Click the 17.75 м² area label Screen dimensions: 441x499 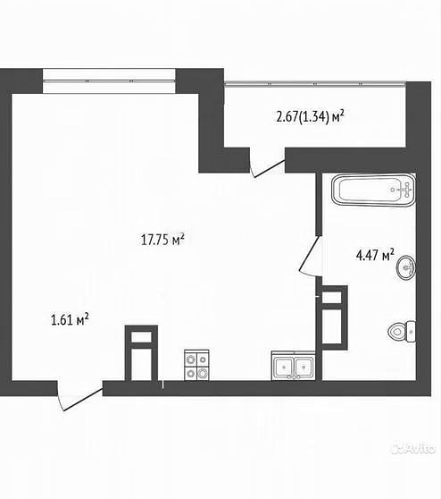[x=162, y=240]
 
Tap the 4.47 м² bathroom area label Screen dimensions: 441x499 [x=375, y=255]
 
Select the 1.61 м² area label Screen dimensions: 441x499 [x=70, y=319]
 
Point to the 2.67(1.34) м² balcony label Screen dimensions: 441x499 [x=311, y=117]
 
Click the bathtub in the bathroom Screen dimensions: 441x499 [x=373, y=190]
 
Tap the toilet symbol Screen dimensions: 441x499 [x=402, y=332]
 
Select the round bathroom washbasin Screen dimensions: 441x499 [x=406, y=267]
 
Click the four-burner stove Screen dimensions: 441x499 [x=196, y=365]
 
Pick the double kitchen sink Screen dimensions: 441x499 [x=294, y=366]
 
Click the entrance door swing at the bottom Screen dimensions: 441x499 [x=79, y=395]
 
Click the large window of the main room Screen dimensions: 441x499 [x=109, y=80]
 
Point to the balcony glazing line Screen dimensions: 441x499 [x=315, y=84]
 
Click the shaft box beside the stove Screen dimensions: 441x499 [x=141, y=352]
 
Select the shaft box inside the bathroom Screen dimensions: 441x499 [x=335, y=317]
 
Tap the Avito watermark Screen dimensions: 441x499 [x=413, y=449]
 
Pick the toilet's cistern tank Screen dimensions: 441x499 [x=412, y=332]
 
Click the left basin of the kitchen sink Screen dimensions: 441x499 [x=283, y=368]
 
